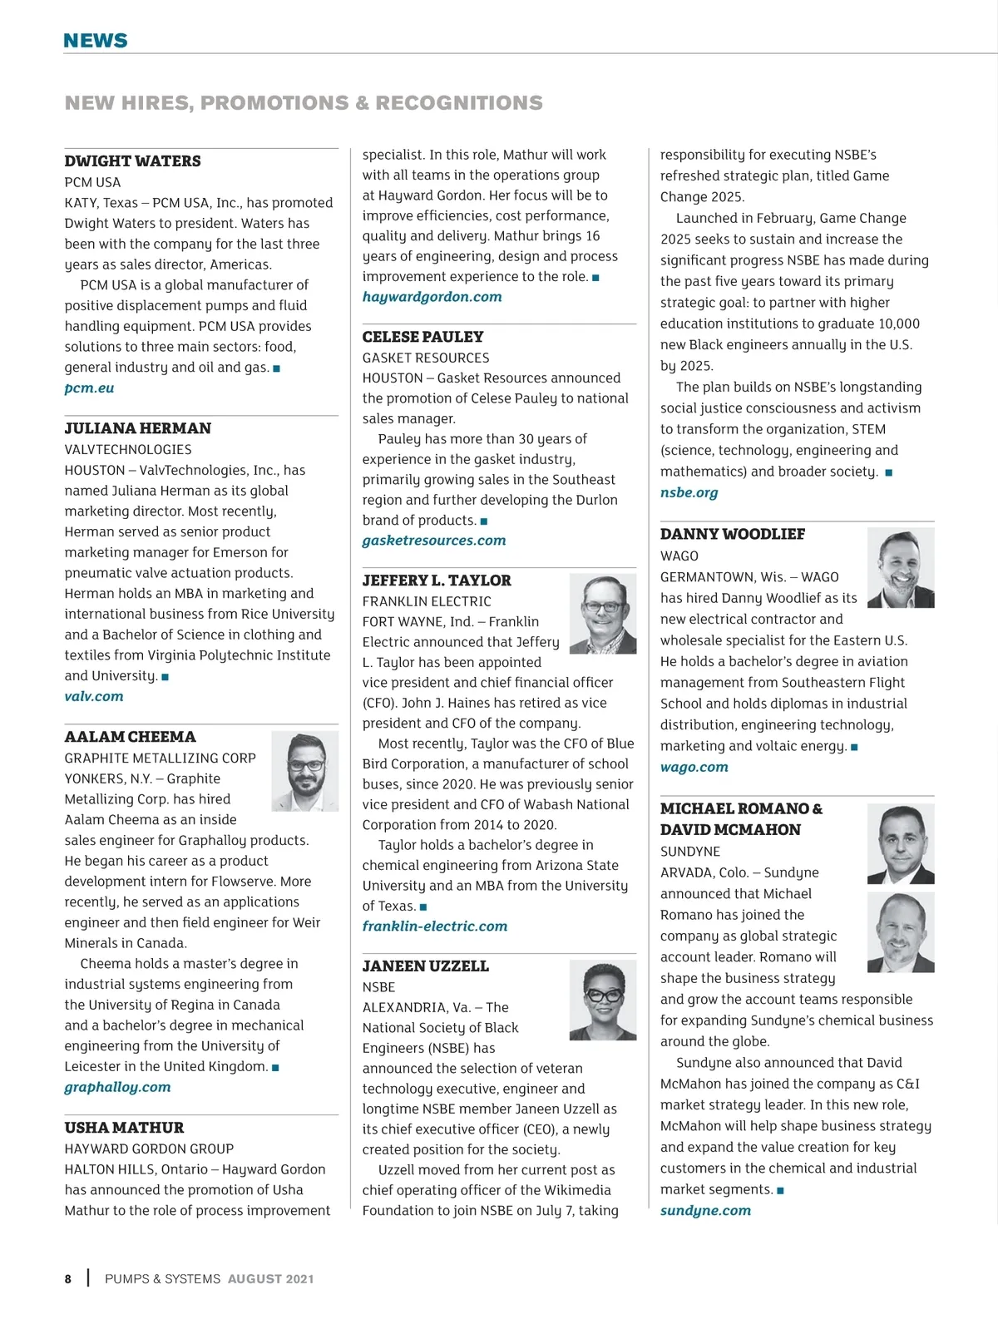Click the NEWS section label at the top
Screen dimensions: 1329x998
(96, 41)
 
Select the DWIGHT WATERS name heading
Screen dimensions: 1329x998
(133, 161)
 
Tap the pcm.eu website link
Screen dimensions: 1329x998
(89, 388)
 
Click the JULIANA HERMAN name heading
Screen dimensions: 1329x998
(138, 428)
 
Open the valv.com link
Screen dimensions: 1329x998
(94, 697)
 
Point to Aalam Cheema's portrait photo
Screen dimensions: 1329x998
(304, 771)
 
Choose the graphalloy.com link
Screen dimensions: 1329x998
(117, 1088)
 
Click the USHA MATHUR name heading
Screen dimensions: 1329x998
(125, 1128)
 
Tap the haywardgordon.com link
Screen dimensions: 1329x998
(432, 297)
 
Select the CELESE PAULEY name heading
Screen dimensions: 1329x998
(422, 337)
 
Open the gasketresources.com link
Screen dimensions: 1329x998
(434, 541)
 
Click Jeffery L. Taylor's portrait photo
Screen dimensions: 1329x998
(602, 613)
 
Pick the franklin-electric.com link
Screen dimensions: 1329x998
(434, 926)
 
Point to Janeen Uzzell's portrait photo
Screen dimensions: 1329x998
(602, 1000)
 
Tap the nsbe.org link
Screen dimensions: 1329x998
(689, 493)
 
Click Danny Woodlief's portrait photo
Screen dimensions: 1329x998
(900, 568)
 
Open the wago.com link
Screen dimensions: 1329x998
(694, 768)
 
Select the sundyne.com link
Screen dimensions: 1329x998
(705, 1211)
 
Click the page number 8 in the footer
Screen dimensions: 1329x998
(68, 1279)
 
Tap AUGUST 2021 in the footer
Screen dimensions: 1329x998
(271, 1279)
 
